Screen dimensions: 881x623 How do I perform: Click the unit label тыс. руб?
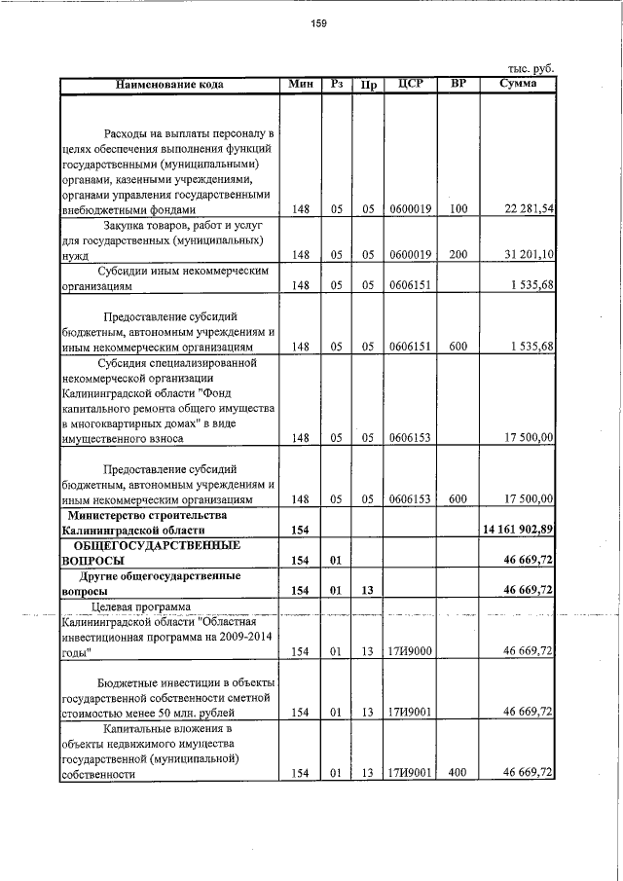pos(531,69)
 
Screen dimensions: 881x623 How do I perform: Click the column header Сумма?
pos(519,85)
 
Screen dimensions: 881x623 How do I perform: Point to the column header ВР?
pos(458,85)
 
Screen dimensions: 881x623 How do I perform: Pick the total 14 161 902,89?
pos(518,530)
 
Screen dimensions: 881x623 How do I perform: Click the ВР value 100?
pos(458,209)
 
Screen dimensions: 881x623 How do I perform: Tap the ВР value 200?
pos(458,254)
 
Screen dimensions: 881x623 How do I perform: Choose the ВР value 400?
pos(458,773)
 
